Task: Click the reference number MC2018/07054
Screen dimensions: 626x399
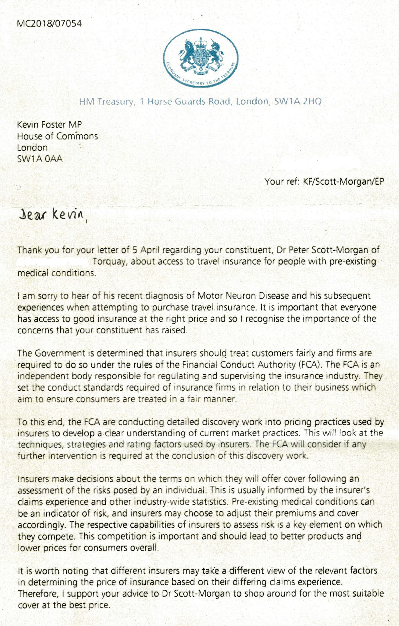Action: pyautogui.click(x=49, y=24)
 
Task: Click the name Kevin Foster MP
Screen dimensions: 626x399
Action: pyautogui.click(x=49, y=125)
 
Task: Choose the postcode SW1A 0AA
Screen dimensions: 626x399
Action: pyautogui.click(x=40, y=159)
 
